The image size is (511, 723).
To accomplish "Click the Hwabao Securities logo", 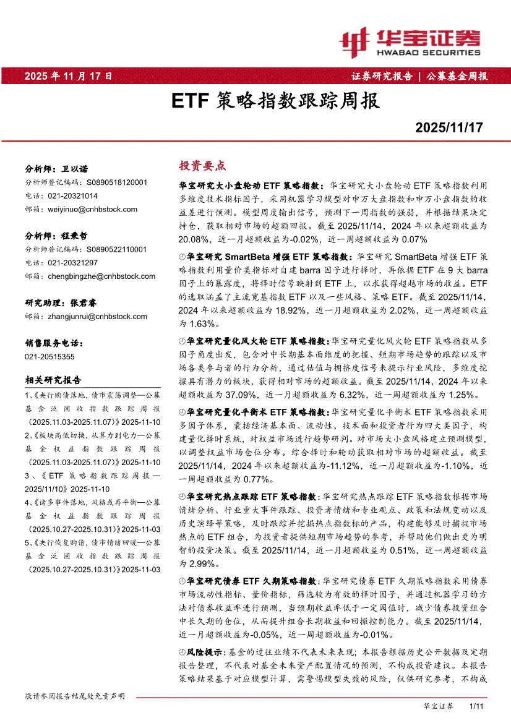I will (x=409, y=42).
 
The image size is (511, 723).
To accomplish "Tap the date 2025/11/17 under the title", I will (x=449, y=128).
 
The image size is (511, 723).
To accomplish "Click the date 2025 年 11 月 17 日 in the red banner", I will (x=68, y=76).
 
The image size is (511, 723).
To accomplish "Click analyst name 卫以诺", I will (x=74, y=169).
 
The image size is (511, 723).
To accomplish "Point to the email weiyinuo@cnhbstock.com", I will (x=92, y=209).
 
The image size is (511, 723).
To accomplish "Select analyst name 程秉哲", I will (x=74, y=236).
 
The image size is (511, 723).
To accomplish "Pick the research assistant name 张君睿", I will (x=84, y=303).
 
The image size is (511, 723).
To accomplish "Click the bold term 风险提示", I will (x=204, y=652).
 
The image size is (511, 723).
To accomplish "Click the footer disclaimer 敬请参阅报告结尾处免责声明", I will (x=75, y=696).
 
